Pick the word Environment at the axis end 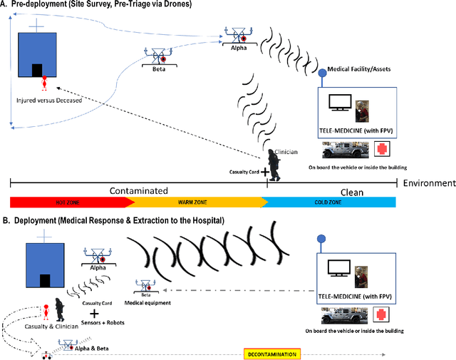point(428,182)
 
